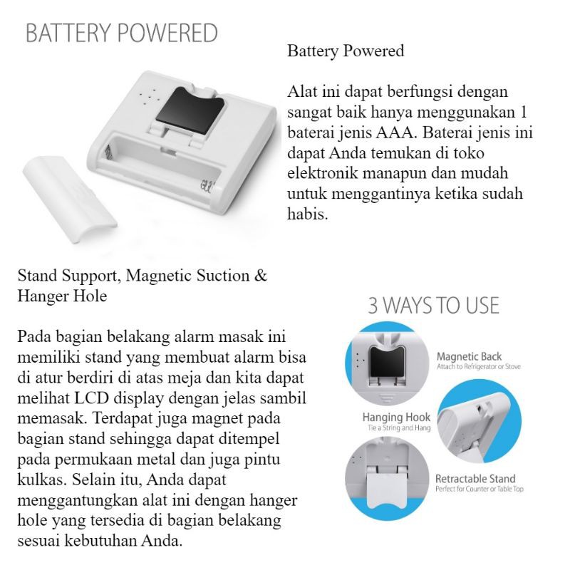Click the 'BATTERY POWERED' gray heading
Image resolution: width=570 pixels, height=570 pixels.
[x=122, y=33]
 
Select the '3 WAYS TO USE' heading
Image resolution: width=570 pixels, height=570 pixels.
[x=433, y=306]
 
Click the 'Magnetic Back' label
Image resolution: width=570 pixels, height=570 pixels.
[x=468, y=356]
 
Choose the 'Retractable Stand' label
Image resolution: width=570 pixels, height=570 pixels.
[x=475, y=479]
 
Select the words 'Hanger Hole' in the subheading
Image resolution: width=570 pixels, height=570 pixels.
[x=62, y=296]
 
